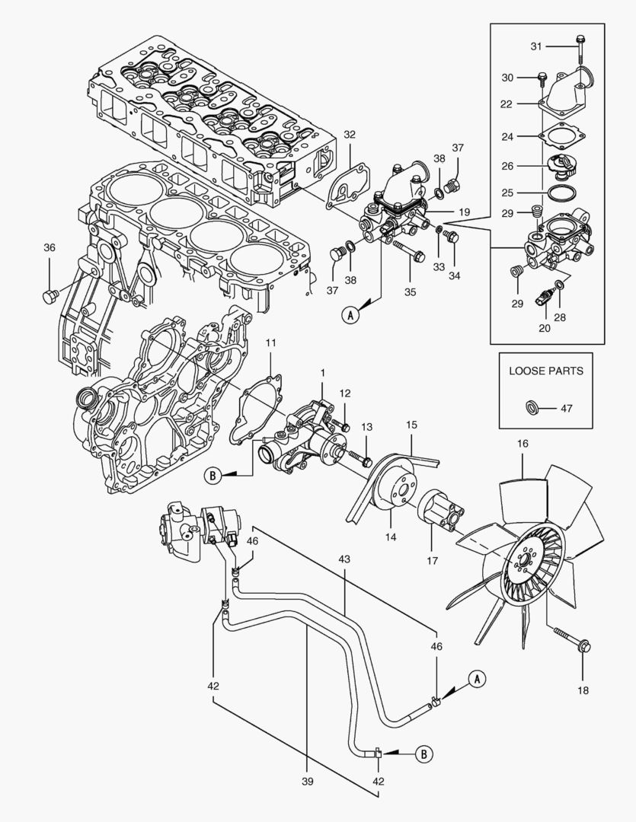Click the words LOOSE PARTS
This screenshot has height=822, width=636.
(x=546, y=371)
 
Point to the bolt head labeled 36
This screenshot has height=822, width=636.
(x=50, y=295)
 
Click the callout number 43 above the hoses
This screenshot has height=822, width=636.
(x=344, y=559)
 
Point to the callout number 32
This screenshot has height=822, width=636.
(x=349, y=135)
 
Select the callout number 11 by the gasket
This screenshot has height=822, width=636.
(x=271, y=344)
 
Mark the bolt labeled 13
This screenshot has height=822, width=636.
(x=359, y=457)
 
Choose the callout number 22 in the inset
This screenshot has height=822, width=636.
(x=527, y=104)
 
